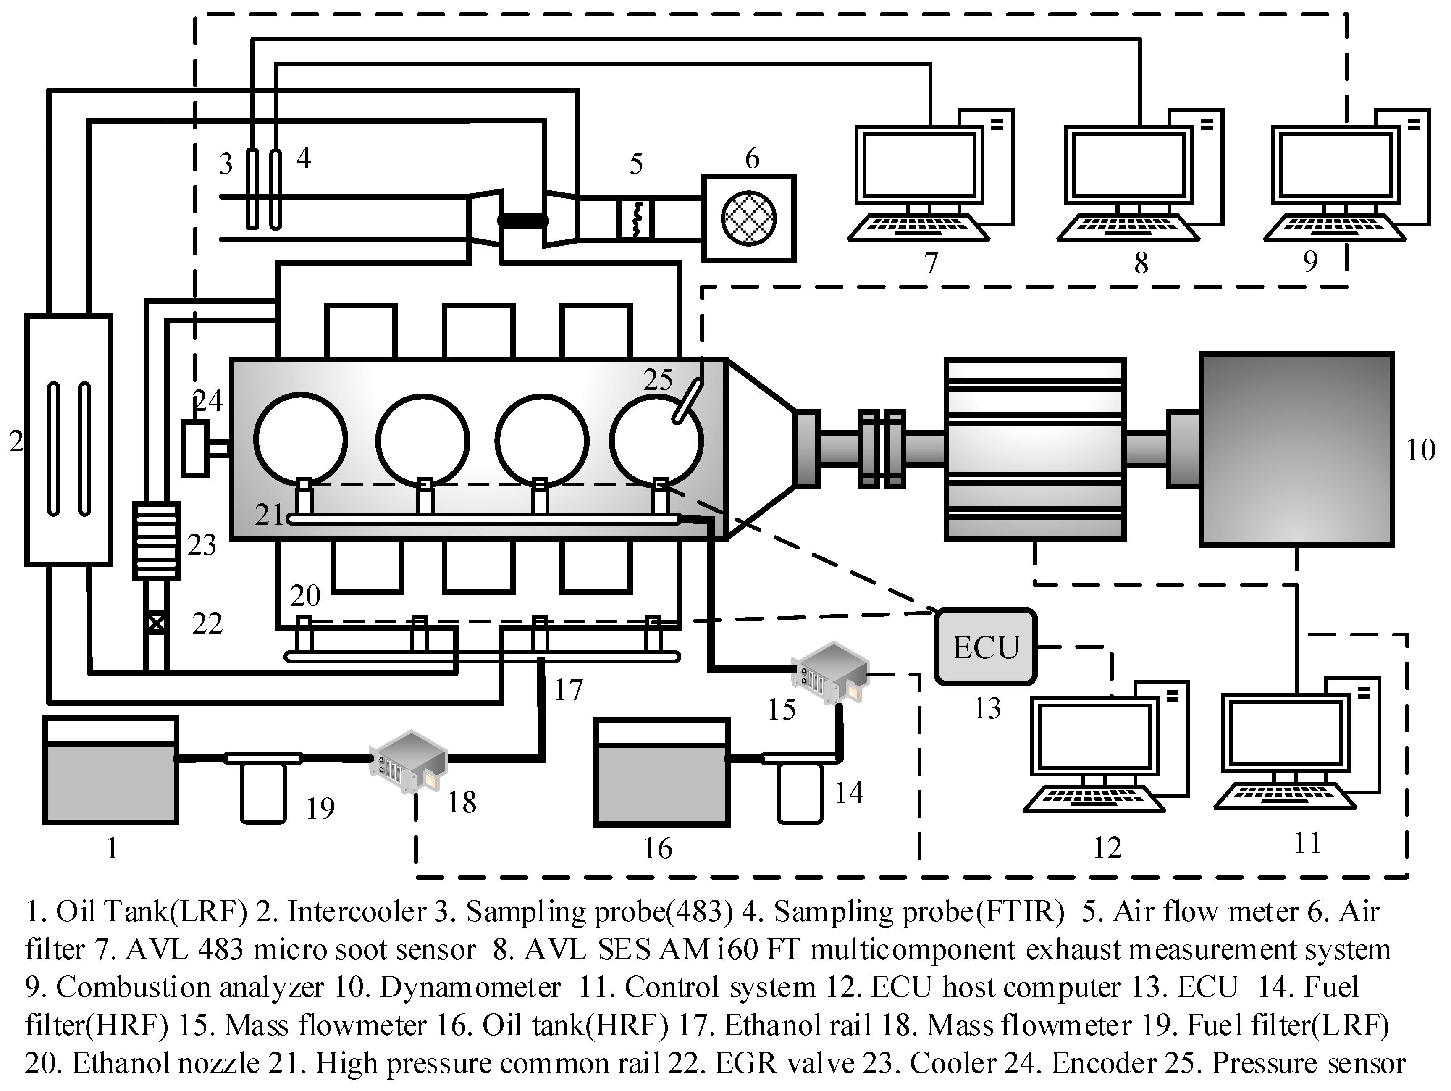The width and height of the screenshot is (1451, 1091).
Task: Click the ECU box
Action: [985, 647]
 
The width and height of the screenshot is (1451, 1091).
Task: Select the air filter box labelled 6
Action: [748, 218]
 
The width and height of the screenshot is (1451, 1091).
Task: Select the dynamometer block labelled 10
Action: [1296, 450]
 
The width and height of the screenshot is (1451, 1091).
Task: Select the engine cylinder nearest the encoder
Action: [300, 439]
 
